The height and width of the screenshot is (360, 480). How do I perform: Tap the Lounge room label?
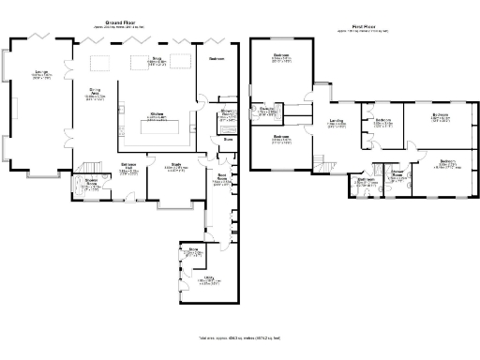[x=41, y=73]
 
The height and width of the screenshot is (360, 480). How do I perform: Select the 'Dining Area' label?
[x=95, y=93]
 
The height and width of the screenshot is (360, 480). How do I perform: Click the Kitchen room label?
[x=157, y=116]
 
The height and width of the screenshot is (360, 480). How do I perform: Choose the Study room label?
[x=175, y=168]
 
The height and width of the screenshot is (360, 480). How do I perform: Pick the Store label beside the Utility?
[x=192, y=252]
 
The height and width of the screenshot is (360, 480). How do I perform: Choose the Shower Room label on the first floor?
[x=397, y=177]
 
